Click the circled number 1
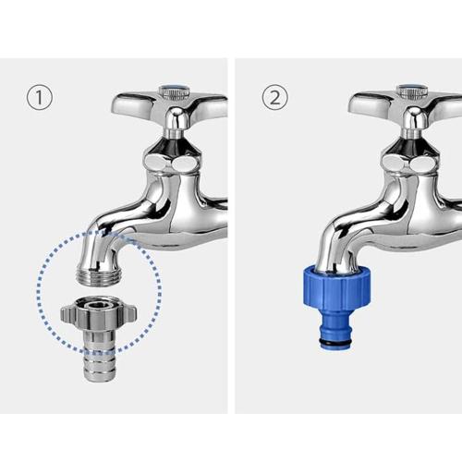click(39, 97)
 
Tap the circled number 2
click(274, 97)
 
